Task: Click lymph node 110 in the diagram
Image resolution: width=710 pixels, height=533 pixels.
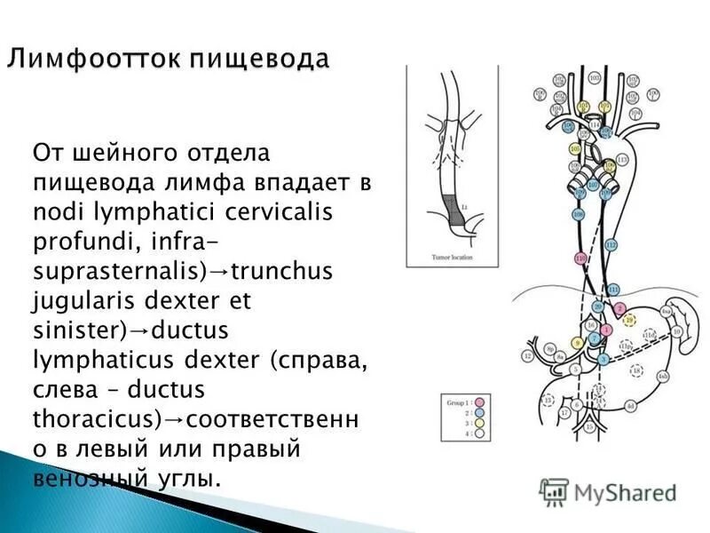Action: (x=580, y=258)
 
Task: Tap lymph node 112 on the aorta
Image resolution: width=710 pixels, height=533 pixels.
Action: (x=610, y=244)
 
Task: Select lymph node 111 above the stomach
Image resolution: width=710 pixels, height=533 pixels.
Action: (x=613, y=290)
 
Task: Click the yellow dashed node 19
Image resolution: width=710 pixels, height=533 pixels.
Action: (x=629, y=319)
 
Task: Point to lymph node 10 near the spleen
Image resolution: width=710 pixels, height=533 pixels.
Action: (x=676, y=331)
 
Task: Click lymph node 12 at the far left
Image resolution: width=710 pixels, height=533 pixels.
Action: (x=528, y=356)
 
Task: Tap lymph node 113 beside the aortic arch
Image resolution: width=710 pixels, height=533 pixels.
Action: (x=621, y=159)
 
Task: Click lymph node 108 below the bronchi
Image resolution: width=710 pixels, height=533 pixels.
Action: (x=578, y=214)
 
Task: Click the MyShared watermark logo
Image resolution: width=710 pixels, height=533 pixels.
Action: (x=609, y=491)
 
